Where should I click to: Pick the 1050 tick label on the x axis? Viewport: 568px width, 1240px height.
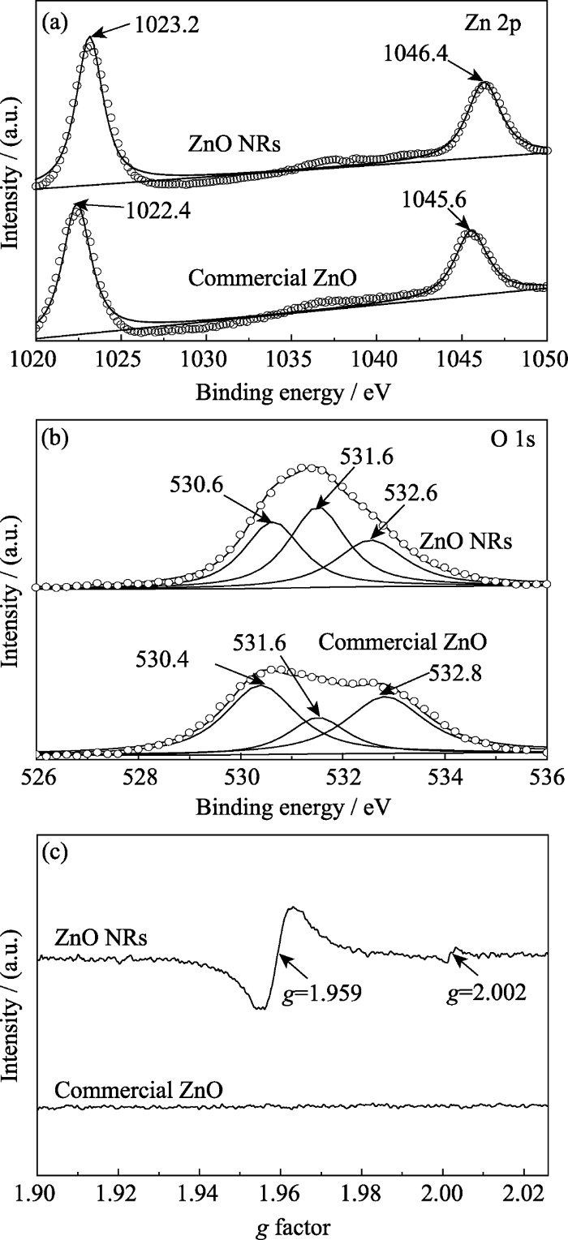point(544,359)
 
